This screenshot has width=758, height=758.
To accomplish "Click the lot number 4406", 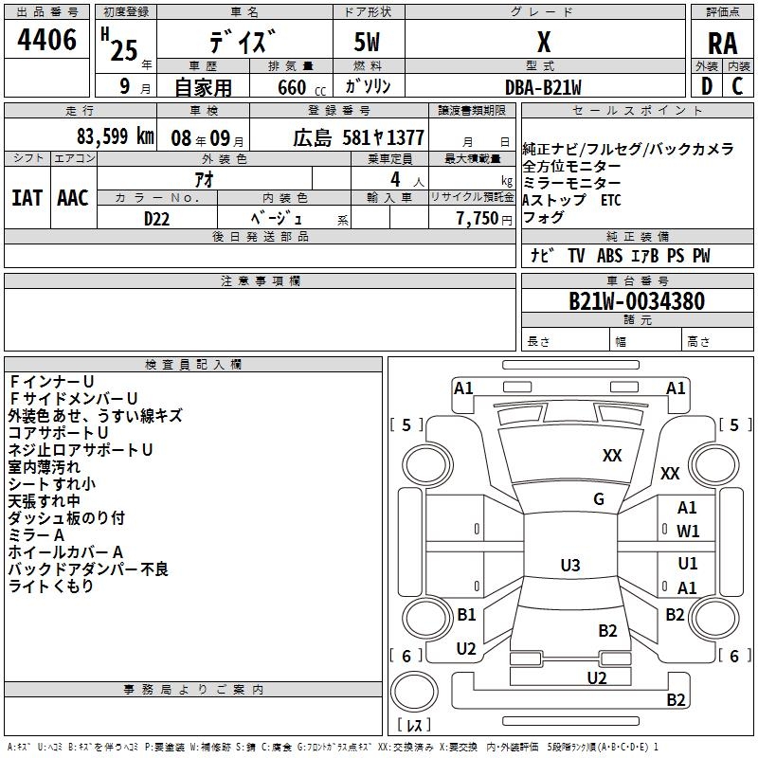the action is click(x=46, y=40).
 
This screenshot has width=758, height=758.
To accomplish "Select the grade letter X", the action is click(x=544, y=42).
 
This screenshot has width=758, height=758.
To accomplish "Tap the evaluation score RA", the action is click(x=723, y=44).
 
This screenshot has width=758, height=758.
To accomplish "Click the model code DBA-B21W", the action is click(x=543, y=87).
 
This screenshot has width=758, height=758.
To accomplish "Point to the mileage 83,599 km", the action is click(x=116, y=136).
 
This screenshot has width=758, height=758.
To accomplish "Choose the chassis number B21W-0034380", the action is click(x=637, y=301).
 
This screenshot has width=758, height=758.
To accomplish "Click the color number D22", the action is click(x=156, y=219).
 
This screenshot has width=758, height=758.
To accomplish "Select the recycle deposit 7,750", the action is click(x=478, y=219).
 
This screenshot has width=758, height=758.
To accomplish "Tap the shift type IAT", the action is click(x=27, y=198).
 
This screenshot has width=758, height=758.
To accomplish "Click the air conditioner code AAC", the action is click(x=73, y=198).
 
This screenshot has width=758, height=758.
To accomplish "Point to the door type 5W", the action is click(x=367, y=42).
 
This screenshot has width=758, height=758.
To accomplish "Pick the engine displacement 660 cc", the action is click(x=301, y=87).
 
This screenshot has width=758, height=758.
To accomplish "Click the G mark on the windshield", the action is click(x=599, y=499).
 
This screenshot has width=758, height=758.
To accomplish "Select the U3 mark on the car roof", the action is click(x=570, y=565).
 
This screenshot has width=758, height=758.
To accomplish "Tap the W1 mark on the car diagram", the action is click(x=688, y=532).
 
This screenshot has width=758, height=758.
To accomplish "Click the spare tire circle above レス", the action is click(x=414, y=691).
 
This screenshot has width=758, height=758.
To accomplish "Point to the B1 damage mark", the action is click(x=466, y=614).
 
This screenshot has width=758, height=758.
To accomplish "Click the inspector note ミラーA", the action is click(x=36, y=535).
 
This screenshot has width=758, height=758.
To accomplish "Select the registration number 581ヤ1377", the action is click(x=384, y=137).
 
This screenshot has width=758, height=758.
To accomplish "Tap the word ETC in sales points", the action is click(x=611, y=200).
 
